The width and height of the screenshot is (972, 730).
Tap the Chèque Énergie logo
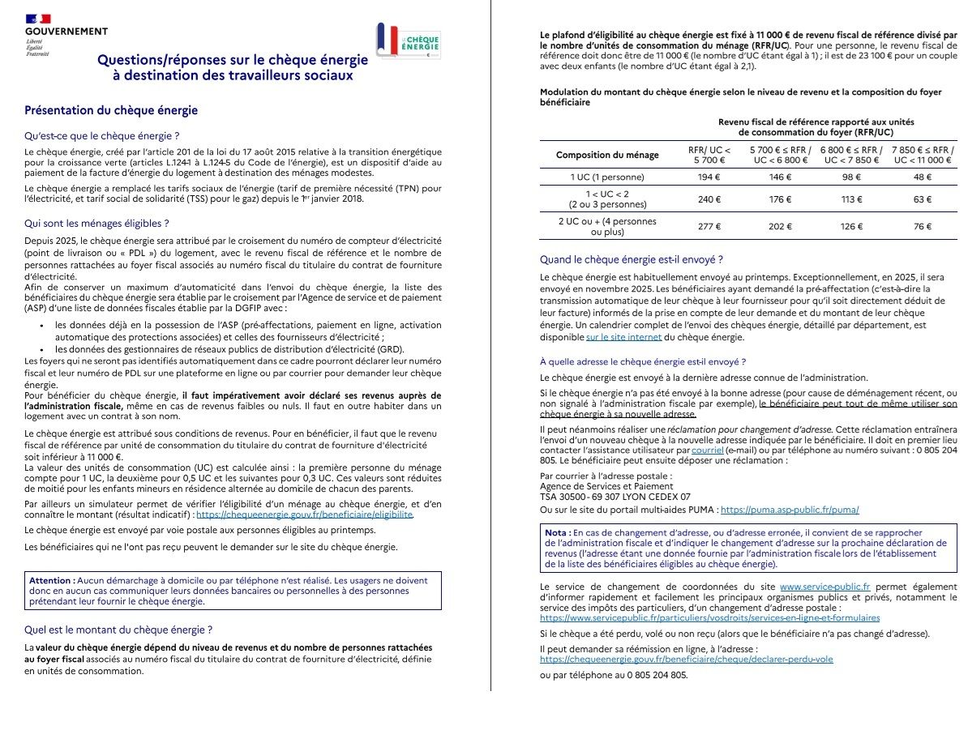pos(409,41)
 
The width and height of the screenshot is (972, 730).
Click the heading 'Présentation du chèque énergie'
pos(111,110)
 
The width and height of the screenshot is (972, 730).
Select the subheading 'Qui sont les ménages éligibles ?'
pos(96,222)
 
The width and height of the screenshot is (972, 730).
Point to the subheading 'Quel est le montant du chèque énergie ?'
pos(118,629)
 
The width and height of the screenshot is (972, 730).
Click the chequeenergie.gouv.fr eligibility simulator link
pos(305,514)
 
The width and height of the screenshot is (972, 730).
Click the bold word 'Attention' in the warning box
pos(52,580)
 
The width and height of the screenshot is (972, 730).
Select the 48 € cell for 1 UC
pos(923,176)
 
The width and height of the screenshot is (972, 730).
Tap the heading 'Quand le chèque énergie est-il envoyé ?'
pos(632,260)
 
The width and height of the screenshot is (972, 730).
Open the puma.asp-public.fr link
pos(790,510)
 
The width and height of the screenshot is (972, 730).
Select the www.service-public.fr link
pos(824,586)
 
